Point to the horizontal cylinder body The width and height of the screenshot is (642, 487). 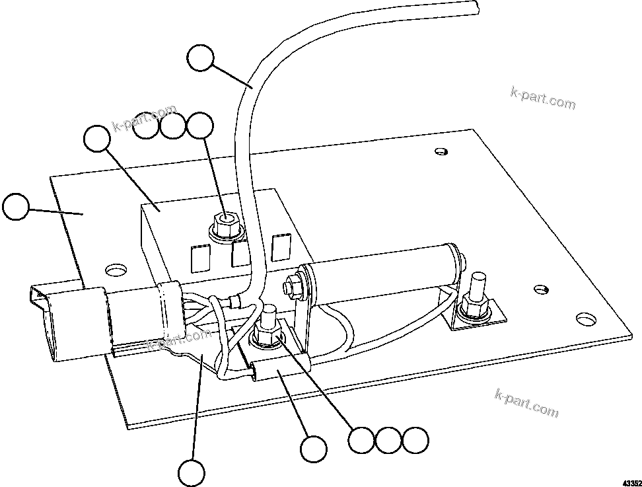tap(383, 274)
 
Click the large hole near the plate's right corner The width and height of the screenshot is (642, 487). tap(584, 318)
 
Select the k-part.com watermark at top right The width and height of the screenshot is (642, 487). tap(543, 98)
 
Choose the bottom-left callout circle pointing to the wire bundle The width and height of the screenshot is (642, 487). tap(192, 473)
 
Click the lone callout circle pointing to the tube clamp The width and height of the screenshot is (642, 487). tap(313, 449)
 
